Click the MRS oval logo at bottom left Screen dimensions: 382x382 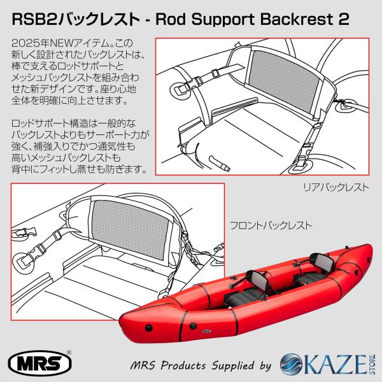point(39,364)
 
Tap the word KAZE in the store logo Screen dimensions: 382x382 point(335,365)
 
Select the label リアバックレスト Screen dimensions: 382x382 point(336,187)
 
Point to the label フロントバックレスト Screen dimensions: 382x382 point(271,225)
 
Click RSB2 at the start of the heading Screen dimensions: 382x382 point(34,19)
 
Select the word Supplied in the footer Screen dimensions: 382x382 point(232,365)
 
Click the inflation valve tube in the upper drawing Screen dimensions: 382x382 point(219,164)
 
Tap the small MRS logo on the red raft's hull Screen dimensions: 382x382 point(206,331)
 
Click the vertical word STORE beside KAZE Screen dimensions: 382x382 point(372,364)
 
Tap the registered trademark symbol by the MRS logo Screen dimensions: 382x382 point(69,353)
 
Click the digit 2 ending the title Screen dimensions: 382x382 point(344,19)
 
